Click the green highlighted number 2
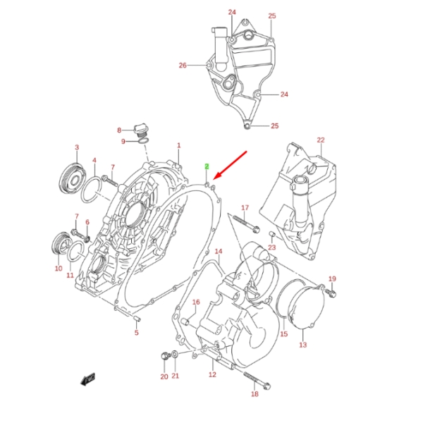[x=207, y=166]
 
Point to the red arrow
[x=230, y=165]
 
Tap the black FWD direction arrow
[x=88, y=379]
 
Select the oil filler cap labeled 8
[x=141, y=131]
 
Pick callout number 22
[x=321, y=140]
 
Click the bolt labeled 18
[x=257, y=381]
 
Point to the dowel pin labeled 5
[x=137, y=319]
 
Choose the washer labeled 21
[x=175, y=354]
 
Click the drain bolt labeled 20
[x=165, y=356]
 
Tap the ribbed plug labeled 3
[x=73, y=178]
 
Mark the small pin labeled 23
[x=272, y=234]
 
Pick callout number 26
[x=183, y=66]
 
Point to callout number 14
[x=219, y=252]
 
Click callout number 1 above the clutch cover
[x=179, y=145]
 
